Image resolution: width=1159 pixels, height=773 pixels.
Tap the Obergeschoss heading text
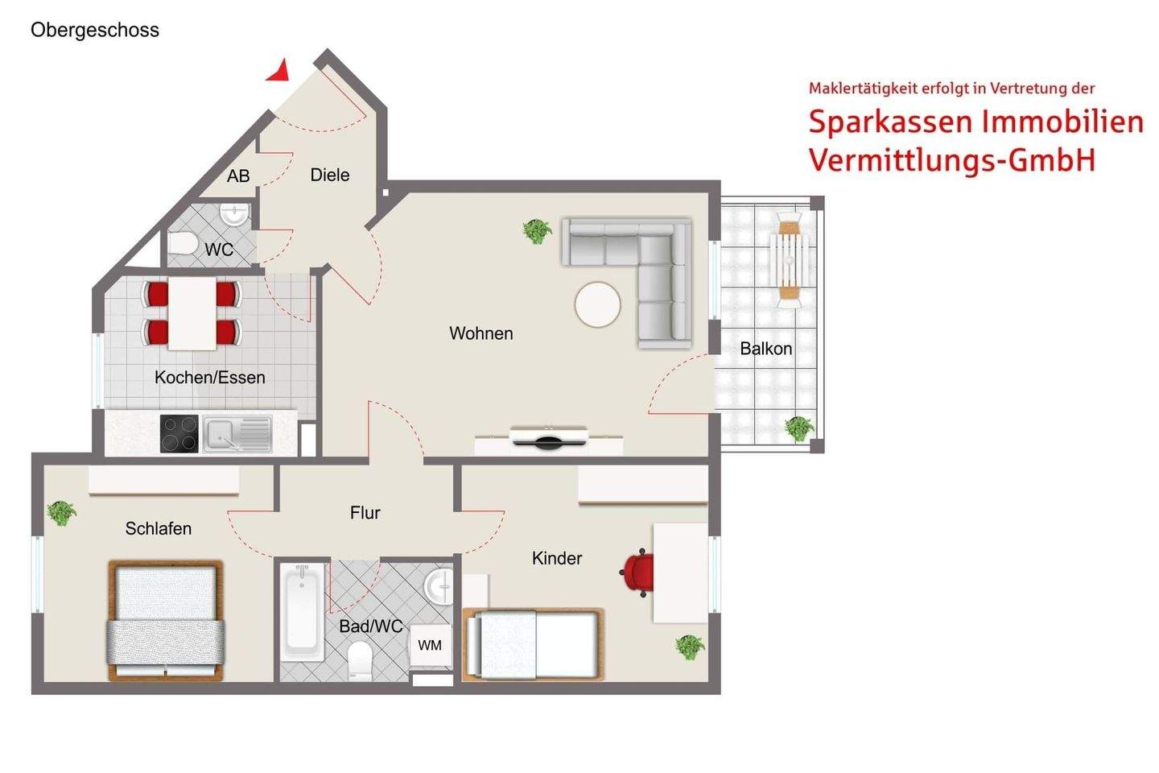point(95,30)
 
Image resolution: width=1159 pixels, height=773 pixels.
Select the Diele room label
point(330,175)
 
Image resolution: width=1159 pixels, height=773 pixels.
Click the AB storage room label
point(238,176)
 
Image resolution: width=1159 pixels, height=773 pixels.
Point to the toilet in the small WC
point(182,242)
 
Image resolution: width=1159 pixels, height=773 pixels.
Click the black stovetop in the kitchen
point(179,434)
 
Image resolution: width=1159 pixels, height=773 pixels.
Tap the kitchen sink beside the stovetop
point(237,434)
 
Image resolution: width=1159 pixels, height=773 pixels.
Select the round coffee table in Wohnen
point(597,304)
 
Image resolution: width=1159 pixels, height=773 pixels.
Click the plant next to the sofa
point(537,231)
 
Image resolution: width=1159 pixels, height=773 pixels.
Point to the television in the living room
point(548,437)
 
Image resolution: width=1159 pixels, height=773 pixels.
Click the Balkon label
point(765,349)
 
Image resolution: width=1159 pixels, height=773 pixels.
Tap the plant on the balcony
point(799,428)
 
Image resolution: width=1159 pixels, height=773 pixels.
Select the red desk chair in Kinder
point(637,573)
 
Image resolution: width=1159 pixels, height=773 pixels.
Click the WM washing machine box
point(430,646)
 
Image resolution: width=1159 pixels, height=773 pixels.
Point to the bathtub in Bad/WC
point(302,613)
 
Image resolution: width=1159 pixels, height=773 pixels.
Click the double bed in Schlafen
point(166,620)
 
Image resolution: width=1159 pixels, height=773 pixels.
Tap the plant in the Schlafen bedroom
point(61,513)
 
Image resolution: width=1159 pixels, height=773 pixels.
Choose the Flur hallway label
point(365,513)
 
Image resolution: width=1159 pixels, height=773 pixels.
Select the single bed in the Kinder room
point(534,644)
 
